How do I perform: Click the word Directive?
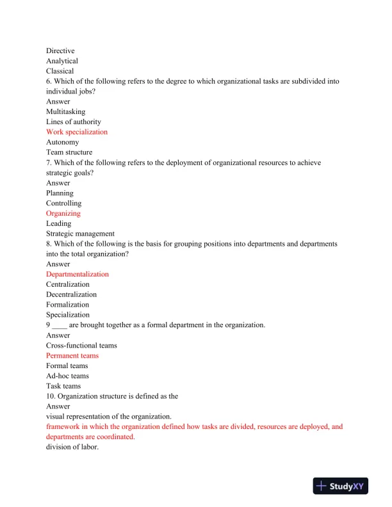60,51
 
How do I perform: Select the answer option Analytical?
61,61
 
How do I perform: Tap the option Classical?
60,71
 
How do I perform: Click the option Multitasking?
65,111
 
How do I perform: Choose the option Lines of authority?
73,122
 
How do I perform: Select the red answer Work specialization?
77,132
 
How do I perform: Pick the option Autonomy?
63,142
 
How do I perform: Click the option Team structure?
69,152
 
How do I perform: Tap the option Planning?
60,193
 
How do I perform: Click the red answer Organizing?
63,213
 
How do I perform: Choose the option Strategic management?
80,234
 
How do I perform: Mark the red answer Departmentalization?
78,274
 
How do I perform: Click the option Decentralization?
71,294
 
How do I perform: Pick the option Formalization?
67,305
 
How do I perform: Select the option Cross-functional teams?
81,345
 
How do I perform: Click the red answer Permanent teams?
72,355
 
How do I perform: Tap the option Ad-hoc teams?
67,376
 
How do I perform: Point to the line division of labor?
72,447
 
